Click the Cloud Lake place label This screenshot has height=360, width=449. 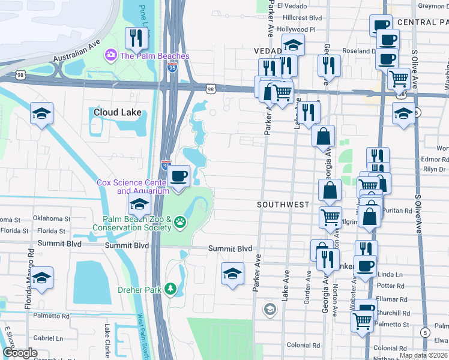[x=118, y=112]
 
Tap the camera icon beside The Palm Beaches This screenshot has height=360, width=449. [x=110, y=56]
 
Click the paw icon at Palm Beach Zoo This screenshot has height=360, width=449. [x=180, y=223]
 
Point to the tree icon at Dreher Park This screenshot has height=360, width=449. [x=171, y=289]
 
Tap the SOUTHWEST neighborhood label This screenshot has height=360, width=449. [x=283, y=205]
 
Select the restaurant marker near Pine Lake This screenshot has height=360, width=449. [x=136, y=38]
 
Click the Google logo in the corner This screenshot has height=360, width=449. [x=19, y=353]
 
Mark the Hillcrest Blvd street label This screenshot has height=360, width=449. [x=295, y=19]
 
